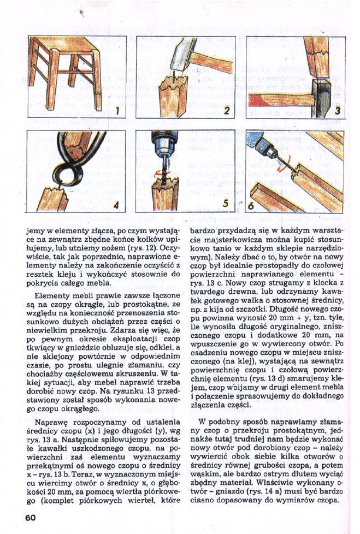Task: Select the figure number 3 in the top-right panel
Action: coord(338,111)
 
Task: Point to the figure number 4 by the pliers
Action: coord(116,205)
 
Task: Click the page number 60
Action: coord(29,517)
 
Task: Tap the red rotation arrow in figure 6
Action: coord(281,168)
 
